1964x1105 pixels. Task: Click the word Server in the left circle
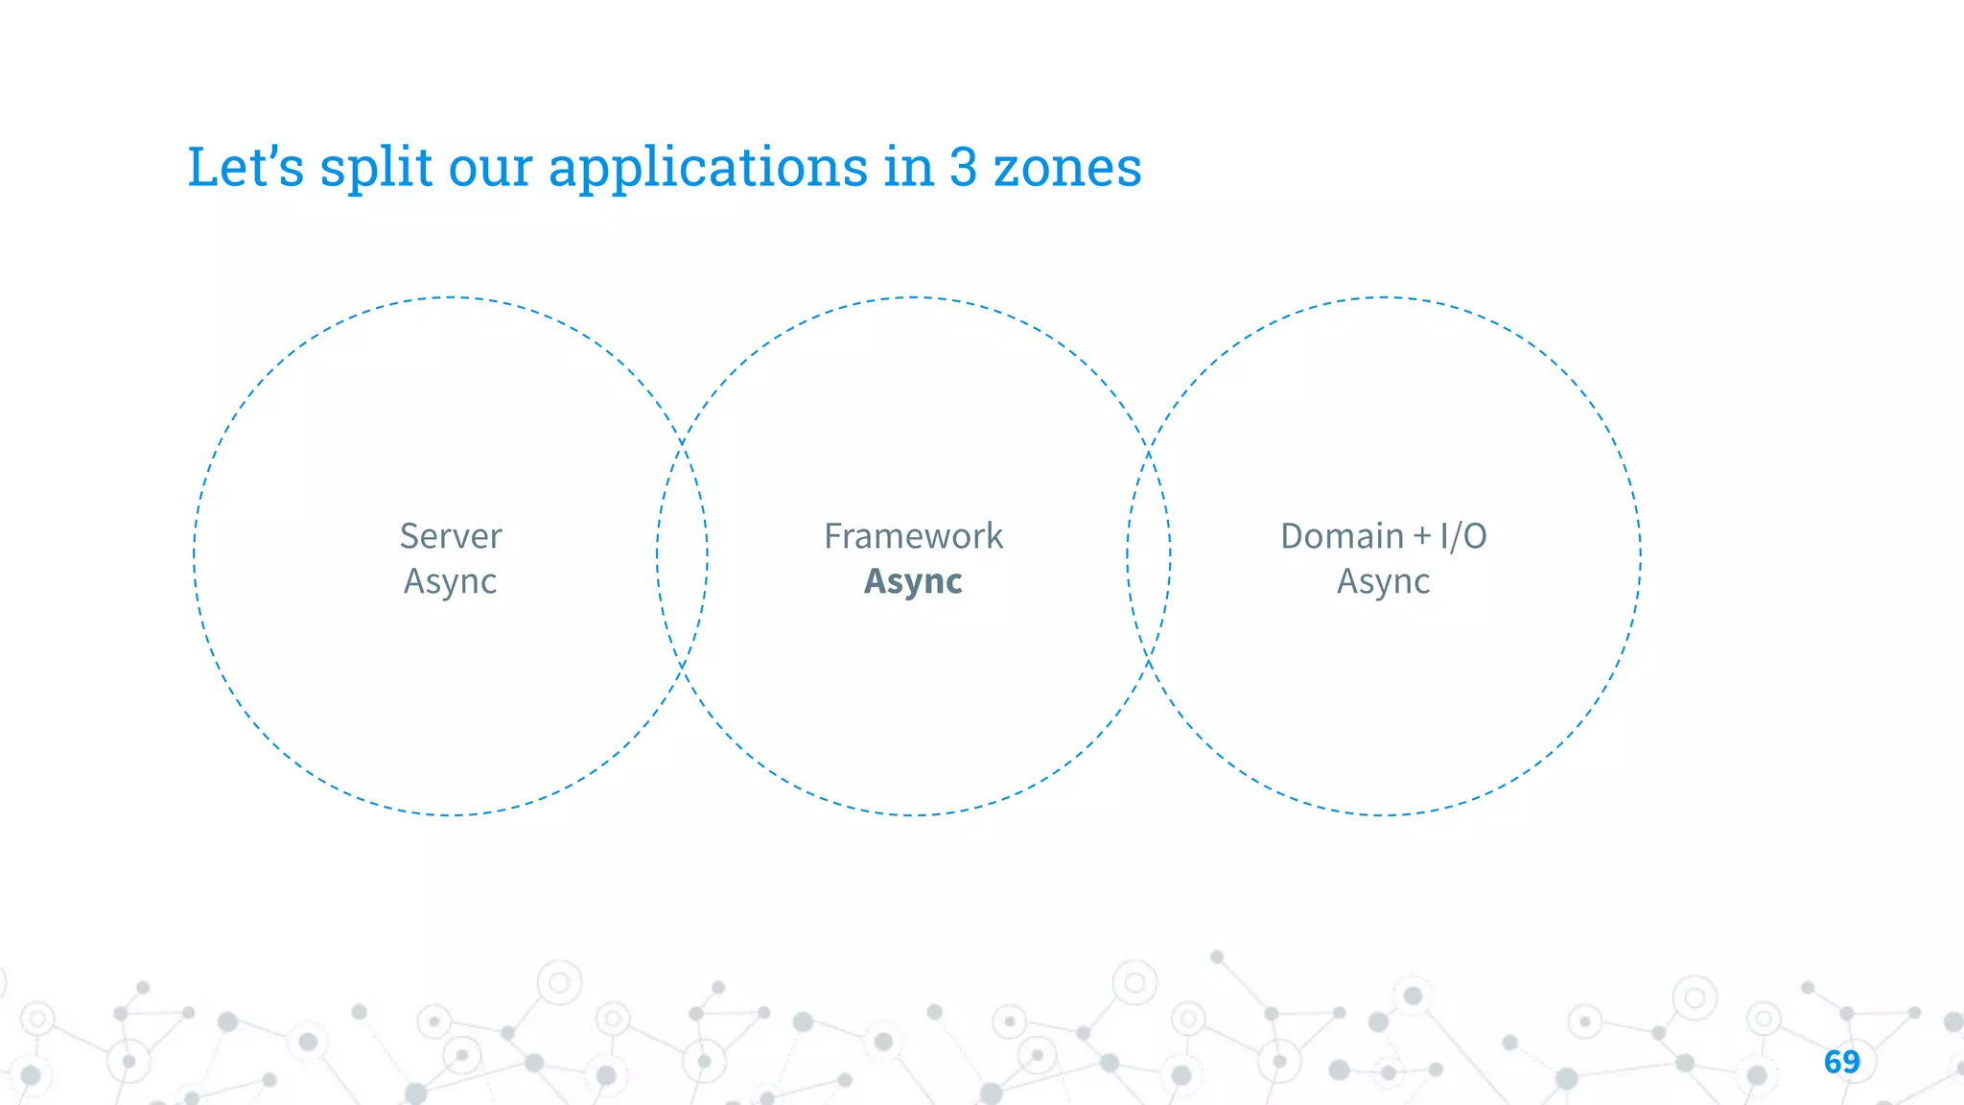click(450, 536)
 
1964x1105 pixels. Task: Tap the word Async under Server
click(450, 581)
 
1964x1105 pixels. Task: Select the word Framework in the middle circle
click(913, 536)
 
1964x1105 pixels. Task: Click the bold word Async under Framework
click(913, 581)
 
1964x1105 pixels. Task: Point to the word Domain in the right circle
click(1342, 536)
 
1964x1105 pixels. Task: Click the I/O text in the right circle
click(1463, 536)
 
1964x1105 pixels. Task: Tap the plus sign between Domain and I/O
click(1422, 537)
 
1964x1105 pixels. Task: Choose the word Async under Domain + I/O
click(1383, 581)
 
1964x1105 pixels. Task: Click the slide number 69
click(1841, 1062)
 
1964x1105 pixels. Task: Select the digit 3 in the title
click(963, 167)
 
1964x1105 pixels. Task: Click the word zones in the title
click(1067, 167)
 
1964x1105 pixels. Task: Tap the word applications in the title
click(708, 169)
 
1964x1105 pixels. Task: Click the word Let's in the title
click(245, 167)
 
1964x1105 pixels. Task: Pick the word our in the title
click(490, 169)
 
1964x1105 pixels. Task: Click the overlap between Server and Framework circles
click(683, 554)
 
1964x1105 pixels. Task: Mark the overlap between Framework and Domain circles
click(1149, 554)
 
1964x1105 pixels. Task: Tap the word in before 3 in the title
click(908, 167)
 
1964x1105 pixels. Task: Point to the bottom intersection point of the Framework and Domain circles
click(1149, 660)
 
